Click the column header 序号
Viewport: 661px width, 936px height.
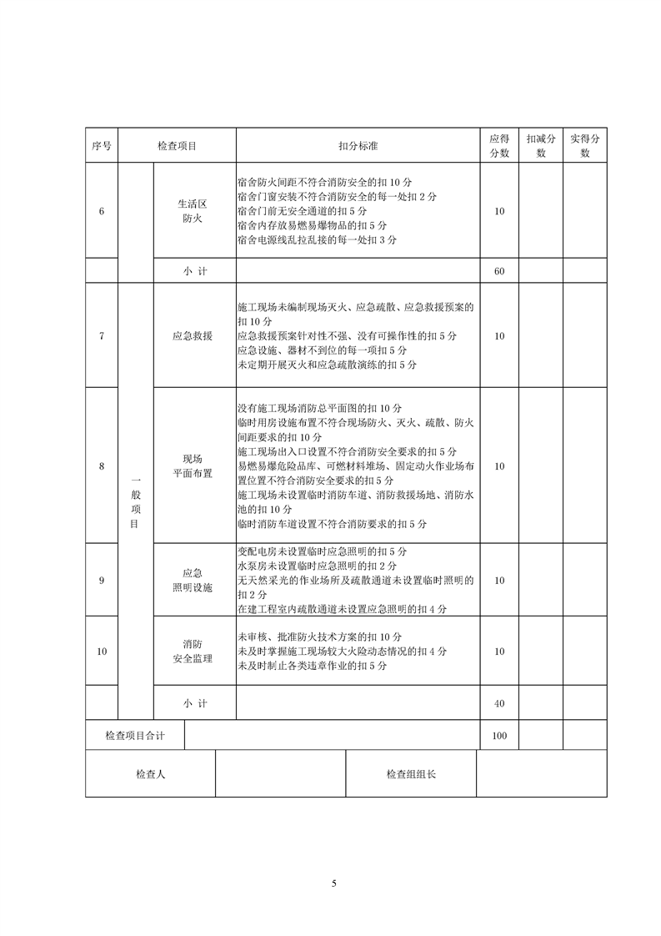point(102,146)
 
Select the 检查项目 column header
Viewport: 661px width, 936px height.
point(178,146)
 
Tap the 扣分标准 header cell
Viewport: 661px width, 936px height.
point(358,146)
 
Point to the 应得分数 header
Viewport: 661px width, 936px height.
point(499,146)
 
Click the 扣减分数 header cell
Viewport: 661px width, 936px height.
point(541,146)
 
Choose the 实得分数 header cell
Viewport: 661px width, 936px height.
point(585,146)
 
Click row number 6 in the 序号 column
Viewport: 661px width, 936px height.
point(102,211)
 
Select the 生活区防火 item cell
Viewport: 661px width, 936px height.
point(193,211)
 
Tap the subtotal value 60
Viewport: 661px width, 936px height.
point(499,271)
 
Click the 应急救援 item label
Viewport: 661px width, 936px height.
point(193,335)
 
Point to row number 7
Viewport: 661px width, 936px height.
point(102,335)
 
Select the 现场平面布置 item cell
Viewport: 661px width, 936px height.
point(193,466)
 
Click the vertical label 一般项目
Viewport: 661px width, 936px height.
point(136,502)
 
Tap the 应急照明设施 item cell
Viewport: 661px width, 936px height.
point(193,580)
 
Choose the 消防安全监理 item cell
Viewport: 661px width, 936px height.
point(193,652)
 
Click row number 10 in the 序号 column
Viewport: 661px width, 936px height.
point(102,652)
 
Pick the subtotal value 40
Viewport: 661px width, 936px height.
point(499,703)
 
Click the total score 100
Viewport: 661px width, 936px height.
point(499,735)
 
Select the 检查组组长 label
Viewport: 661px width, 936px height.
point(411,774)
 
